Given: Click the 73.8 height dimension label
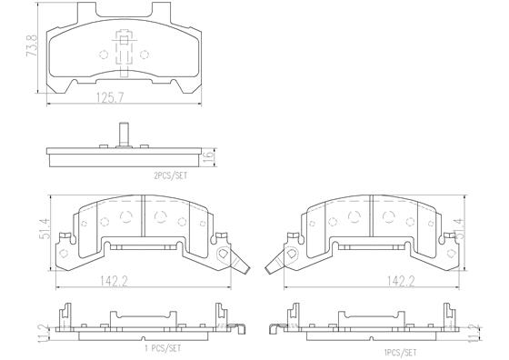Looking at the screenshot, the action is click(x=32, y=45).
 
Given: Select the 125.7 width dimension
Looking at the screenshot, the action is click(x=110, y=97).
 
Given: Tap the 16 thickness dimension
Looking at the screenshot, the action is click(x=210, y=157).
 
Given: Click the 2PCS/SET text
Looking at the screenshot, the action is click(x=171, y=176).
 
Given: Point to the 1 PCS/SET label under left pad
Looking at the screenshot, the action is click(x=163, y=349).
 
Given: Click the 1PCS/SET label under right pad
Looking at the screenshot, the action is click(x=400, y=353).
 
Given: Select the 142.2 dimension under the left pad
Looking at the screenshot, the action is click(x=114, y=281).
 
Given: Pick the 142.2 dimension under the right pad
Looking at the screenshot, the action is click(x=401, y=281).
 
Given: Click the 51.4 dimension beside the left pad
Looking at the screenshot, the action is click(x=45, y=229).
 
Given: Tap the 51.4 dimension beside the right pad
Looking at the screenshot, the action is click(x=460, y=229).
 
